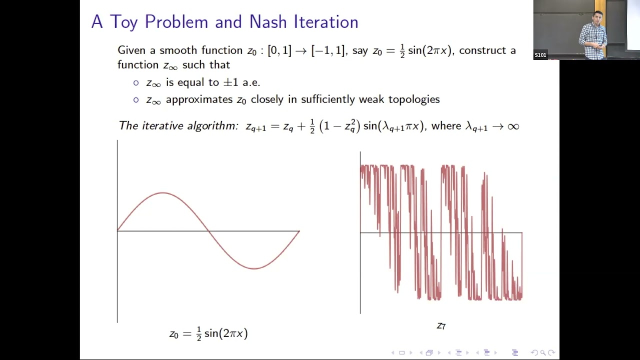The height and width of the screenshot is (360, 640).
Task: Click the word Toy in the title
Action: [x=123, y=22]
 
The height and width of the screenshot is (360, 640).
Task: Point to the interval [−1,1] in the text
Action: [x=328, y=50]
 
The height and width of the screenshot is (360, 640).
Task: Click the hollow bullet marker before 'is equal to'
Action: [x=136, y=82]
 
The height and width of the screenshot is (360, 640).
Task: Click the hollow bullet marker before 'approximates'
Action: [x=136, y=99]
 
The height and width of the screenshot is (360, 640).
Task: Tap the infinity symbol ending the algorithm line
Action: [x=513, y=126]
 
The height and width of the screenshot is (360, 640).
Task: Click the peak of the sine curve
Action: [x=162, y=193]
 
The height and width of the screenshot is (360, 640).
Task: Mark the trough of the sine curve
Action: [x=254, y=268]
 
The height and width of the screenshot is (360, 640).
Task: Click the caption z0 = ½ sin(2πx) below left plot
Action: [x=208, y=333]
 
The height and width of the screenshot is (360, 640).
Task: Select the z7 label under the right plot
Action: [x=441, y=326]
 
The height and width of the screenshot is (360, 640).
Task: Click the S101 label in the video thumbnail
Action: [x=540, y=55]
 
